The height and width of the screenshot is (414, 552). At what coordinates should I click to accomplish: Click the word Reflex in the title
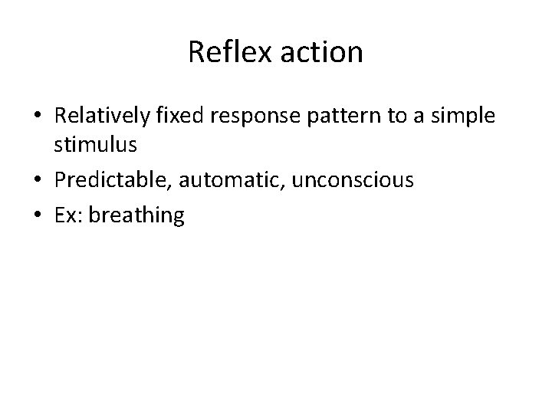coord(221,53)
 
